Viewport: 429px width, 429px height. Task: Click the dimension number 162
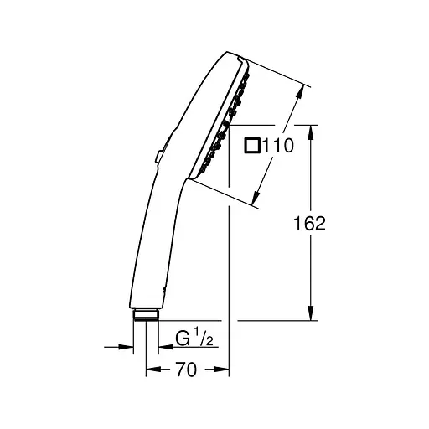[x=310, y=224]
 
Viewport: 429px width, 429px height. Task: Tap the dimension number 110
[x=278, y=146]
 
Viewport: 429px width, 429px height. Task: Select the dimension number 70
[x=187, y=370]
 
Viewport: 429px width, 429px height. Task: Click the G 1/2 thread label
[x=194, y=338]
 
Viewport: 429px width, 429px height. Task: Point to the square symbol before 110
[x=252, y=146]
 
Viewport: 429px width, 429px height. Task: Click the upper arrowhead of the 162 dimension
[x=311, y=132]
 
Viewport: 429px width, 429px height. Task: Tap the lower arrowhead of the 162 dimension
[x=311, y=313]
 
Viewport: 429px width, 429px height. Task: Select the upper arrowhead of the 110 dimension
[x=299, y=92]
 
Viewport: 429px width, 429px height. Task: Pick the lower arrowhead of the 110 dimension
[x=256, y=198]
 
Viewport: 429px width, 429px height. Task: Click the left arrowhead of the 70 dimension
[x=153, y=370]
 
